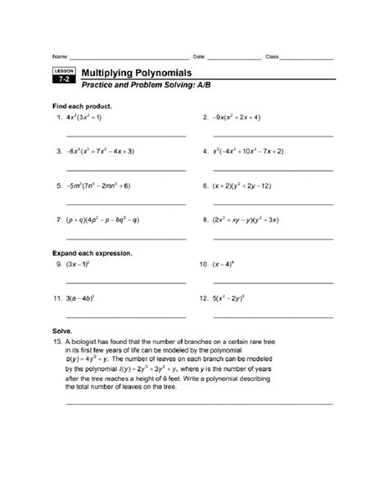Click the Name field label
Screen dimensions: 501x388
coord(59,56)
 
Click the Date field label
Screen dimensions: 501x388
coord(198,56)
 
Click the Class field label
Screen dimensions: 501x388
coord(272,56)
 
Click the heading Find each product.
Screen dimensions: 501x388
coord(82,106)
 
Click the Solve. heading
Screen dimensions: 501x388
coord(64,323)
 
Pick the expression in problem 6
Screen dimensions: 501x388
coord(241,186)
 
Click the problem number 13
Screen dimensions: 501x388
coord(57,335)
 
